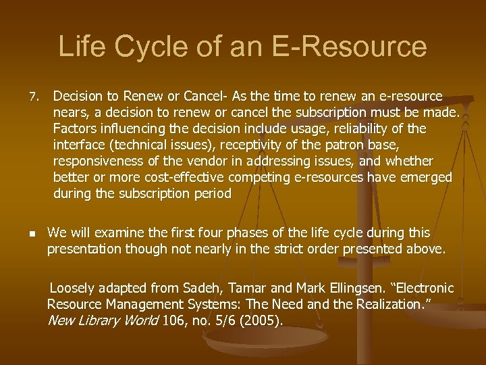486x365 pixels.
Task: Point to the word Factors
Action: (75, 128)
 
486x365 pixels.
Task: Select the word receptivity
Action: (248, 145)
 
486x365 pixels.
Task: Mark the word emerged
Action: (426, 177)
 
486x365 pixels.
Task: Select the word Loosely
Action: (74, 289)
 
